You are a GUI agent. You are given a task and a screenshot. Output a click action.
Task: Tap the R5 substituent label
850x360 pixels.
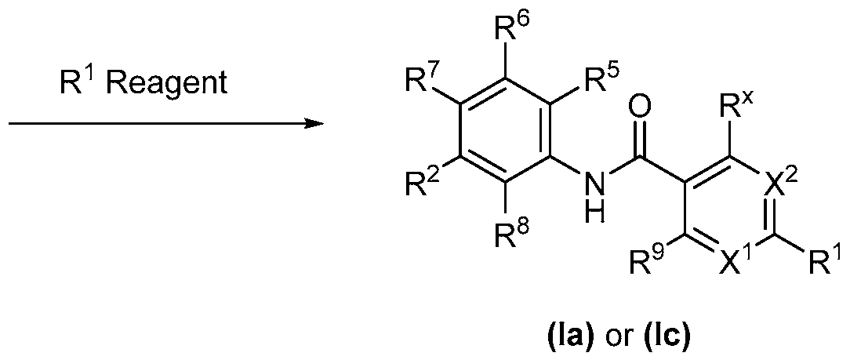click(x=598, y=82)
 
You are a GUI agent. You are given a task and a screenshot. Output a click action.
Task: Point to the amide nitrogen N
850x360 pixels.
click(x=596, y=185)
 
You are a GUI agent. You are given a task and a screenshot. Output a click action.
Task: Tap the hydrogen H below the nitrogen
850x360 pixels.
click(x=596, y=213)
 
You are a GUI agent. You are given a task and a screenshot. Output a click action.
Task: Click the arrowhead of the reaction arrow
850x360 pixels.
click(x=314, y=124)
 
